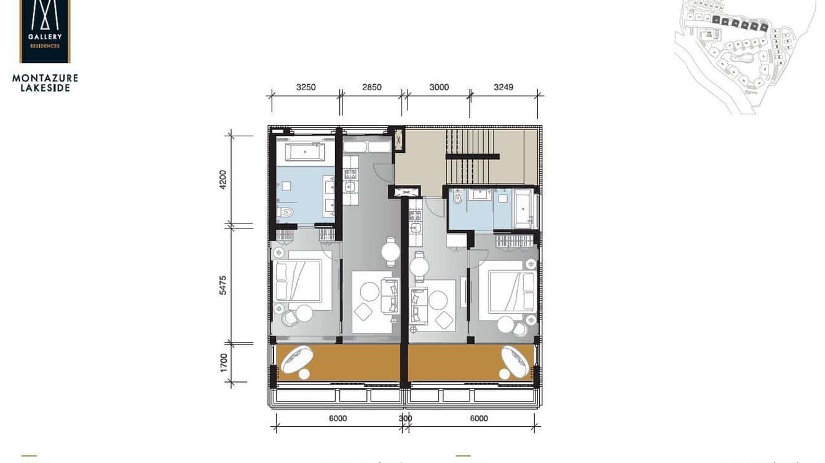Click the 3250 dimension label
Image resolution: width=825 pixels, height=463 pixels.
pos(306,87)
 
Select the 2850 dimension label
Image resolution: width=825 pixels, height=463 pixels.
pos(371,87)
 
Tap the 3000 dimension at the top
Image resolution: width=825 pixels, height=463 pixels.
pos(439,87)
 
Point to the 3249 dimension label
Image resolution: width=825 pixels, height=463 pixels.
pos(503,87)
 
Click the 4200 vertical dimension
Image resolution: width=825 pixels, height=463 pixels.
pos(223,179)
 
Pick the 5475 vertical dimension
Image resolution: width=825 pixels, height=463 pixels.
pos(223,285)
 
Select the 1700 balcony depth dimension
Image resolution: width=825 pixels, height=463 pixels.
pos(223,362)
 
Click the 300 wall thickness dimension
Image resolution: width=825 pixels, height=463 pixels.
pos(405,419)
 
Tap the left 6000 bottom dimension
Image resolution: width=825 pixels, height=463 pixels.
pos(338,419)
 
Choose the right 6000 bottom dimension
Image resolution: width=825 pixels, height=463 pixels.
pos(479,419)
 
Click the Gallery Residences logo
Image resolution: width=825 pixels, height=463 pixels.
pos(45,31)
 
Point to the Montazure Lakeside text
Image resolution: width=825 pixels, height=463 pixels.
pos(45,83)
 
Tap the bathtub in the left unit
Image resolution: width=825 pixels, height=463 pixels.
pos(305,151)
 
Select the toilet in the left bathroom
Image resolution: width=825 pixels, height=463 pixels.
pos(285,213)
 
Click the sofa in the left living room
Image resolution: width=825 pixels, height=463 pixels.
pos(390,295)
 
